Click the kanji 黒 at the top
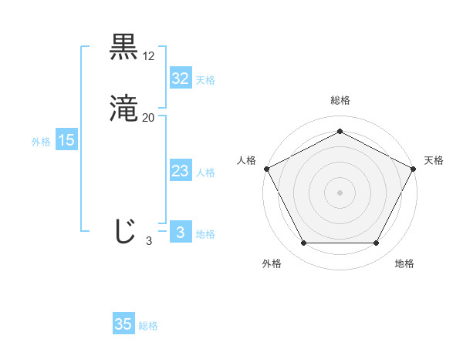click(124, 47)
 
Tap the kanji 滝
click(124, 109)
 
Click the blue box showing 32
click(180, 78)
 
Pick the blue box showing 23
click(180, 171)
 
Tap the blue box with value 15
click(66, 140)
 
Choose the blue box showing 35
click(123, 324)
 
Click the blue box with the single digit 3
click(180, 233)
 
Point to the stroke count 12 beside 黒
click(149, 56)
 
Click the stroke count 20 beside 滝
click(149, 118)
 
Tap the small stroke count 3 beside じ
click(149, 241)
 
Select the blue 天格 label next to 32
click(205, 80)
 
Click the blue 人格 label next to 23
click(205, 173)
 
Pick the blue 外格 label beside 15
click(41, 142)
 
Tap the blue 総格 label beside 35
click(148, 327)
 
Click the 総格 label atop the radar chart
click(340, 100)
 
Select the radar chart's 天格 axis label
click(434, 160)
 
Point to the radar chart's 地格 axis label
click(404, 263)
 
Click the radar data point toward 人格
click(266, 168)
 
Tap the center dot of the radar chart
click(340, 192)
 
